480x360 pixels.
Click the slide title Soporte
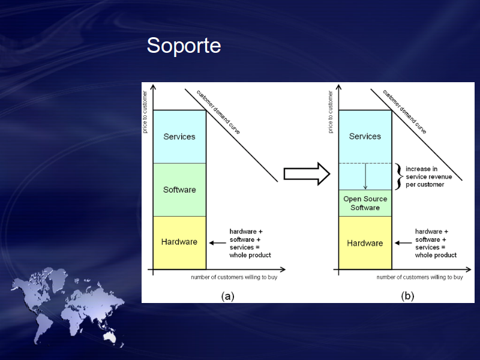(184, 46)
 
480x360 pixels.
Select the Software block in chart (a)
(179, 190)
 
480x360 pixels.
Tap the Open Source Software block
(365, 203)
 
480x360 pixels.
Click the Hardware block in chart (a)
(179, 243)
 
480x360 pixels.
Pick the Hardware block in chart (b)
(365, 243)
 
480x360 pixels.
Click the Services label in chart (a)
(179, 137)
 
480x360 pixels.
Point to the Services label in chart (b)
(365, 136)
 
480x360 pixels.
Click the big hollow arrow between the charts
(307, 174)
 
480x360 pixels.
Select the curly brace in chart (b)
(398, 176)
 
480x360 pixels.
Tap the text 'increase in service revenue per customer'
(428, 176)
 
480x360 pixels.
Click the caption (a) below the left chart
(228, 296)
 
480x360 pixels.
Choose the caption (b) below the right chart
(407, 296)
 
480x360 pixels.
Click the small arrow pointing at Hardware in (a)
(218, 243)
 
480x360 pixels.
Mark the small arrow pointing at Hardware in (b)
(403, 243)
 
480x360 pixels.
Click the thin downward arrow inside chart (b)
(365, 176)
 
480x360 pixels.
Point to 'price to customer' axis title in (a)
(145, 112)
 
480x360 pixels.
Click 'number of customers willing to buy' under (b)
(419, 277)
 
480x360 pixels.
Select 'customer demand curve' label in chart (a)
(218, 112)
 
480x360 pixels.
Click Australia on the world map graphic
(110, 337)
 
